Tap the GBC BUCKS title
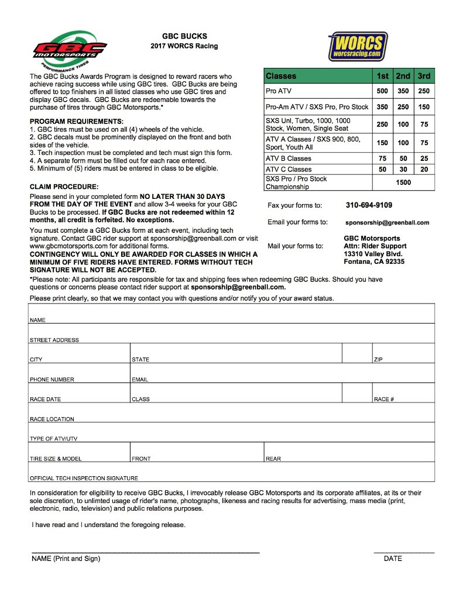coord(184,36)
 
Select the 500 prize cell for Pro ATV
coord(382,91)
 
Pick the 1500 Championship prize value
coord(403,183)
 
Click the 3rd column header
coord(424,76)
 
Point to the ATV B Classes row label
coord(289,159)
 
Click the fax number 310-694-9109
coord(369,205)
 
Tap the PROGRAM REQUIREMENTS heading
coord(76,121)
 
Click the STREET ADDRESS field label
coord(54,340)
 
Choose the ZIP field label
coord(378,360)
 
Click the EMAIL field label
coord(140,380)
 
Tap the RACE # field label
coord(383,400)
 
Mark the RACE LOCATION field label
coord(52,419)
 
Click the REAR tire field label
coord(273,459)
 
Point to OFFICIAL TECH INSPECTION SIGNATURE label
coord(84,478)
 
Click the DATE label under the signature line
coord(393,559)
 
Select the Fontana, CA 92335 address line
coord(373,261)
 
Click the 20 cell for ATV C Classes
coord(424,170)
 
